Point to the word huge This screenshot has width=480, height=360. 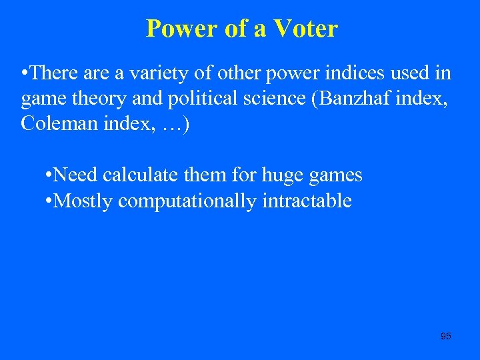pyautogui.click(x=285, y=175)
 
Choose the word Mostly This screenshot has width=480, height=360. pyautogui.click(x=83, y=201)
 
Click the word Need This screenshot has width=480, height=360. pyautogui.click(x=75, y=175)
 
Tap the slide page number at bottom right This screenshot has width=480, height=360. pyautogui.click(x=446, y=336)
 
